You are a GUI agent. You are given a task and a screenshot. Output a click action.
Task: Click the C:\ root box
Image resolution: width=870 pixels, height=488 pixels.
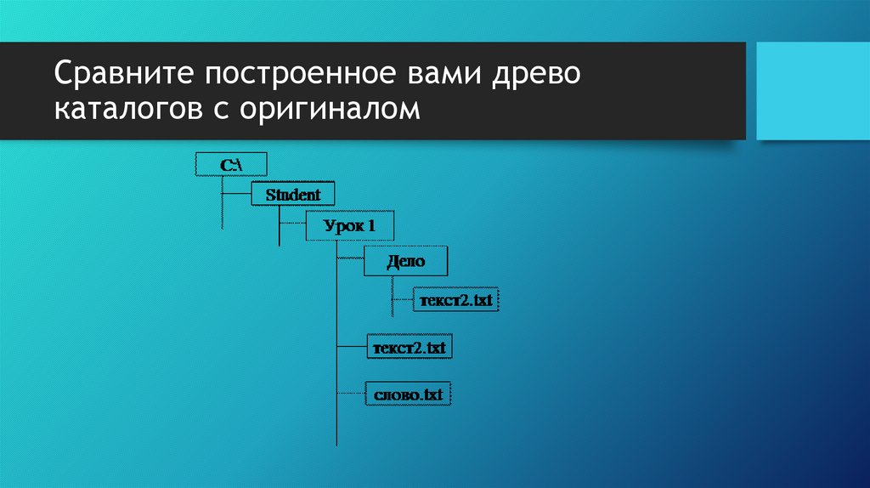(x=232, y=164)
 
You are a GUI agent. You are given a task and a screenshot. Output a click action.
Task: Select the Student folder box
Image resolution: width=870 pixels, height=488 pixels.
(x=293, y=195)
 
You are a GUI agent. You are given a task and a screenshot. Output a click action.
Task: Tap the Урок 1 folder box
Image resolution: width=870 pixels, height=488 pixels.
(x=348, y=226)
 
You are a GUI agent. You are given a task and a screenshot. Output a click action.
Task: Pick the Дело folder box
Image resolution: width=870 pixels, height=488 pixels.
(x=405, y=262)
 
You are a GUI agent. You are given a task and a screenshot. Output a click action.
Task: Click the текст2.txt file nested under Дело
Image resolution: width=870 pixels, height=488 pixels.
(x=455, y=300)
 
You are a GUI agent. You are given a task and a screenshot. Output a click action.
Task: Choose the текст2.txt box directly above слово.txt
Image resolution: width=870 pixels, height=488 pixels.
(x=407, y=348)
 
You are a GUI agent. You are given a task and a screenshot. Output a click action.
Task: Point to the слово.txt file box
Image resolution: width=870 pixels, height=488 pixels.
(x=407, y=394)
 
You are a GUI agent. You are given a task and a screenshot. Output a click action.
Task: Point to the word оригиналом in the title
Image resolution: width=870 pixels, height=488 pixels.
(x=328, y=109)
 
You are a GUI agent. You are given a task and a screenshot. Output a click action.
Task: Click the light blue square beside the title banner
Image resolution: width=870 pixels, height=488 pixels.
(x=811, y=91)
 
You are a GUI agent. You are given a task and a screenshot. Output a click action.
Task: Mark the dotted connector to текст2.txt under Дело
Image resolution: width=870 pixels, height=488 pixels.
(x=402, y=300)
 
